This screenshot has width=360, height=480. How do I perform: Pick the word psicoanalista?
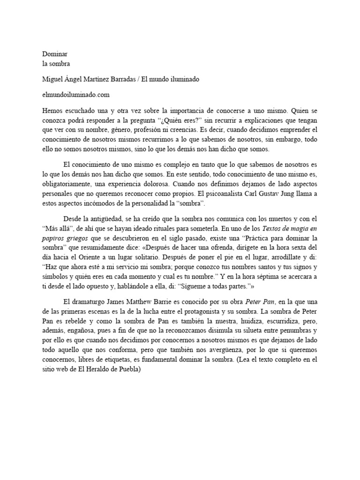218,194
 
